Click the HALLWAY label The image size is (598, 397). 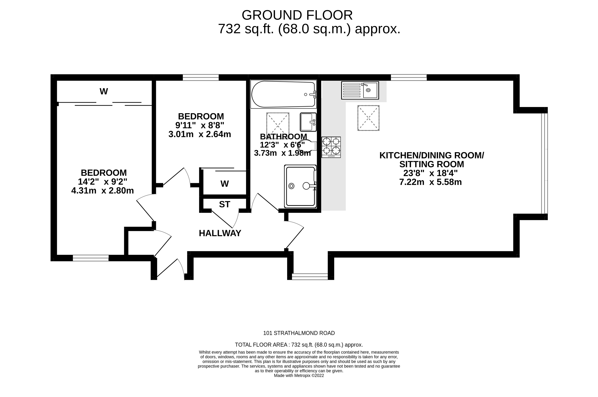point(220,233)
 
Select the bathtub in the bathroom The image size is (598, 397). point(283,94)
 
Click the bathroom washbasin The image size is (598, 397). point(308,122)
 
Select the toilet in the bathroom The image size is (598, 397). point(308,146)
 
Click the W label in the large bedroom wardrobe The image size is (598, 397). point(104,91)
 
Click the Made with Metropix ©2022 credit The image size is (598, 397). point(299,376)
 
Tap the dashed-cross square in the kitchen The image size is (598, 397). point(368,118)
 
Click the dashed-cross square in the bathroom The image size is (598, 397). point(278,124)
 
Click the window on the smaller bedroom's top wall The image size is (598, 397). point(201,78)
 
